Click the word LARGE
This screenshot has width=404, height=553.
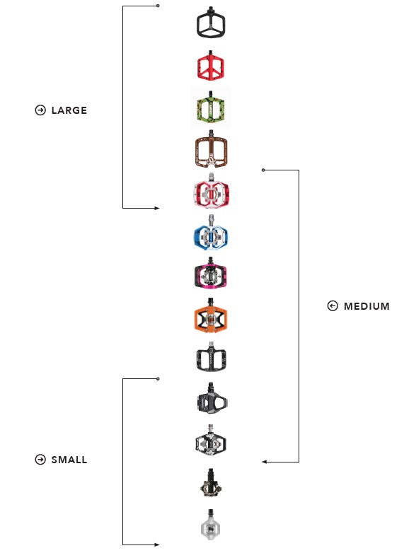point(69,110)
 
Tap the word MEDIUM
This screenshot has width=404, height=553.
point(367,306)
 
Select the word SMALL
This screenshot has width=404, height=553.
point(69,460)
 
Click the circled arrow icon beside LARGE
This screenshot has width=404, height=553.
point(40,110)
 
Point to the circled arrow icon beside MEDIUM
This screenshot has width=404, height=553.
point(333,305)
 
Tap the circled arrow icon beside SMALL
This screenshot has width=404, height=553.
point(40,460)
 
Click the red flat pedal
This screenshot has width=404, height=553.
point(211,65)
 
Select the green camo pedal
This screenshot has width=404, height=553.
point(211,107)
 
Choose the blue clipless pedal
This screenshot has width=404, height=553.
point(211,233)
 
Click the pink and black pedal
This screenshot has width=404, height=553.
point(211,274)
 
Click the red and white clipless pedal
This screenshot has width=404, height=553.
point(211,191)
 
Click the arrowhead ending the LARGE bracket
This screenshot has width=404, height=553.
point(156,208)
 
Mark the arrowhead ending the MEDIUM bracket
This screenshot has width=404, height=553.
point(265,462)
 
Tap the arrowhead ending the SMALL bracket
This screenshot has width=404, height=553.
point(156,545)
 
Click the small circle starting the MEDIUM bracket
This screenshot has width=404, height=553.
point(263,170)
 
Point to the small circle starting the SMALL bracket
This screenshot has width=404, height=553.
point(158,379)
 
